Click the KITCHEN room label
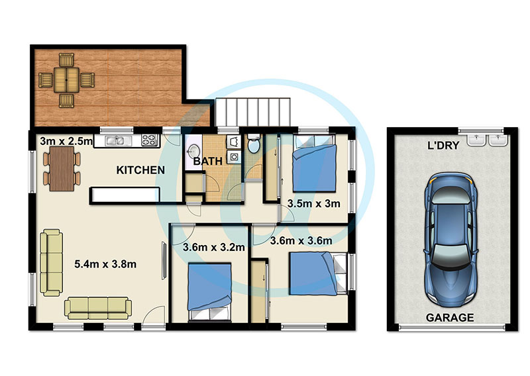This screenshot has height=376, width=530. pyautogui.click(x=140, y=170)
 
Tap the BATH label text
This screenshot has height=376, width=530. pyautogui.click(x=208, y=161)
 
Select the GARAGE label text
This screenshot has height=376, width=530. pyautogui.click(x=450, y=318)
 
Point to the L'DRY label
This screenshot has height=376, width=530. pyautogui.click(x=443, y=146)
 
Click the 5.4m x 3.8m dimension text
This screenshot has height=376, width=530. pyautogui.click(x=105, y=264)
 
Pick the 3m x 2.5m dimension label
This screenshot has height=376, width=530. pyautogui.click(x=66, y=141)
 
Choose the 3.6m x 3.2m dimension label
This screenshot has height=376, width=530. pyautogui.click(x=213, y=248)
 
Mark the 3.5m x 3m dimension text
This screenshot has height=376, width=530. pyautogui.click(x=313, y=203)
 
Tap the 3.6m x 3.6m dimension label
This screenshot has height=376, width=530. pyautogui.click(x=301, y=240)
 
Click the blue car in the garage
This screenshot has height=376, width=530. pyautogui.click(x=450, y=239)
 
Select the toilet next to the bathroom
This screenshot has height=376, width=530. pyautogui.click(x=253, y=143)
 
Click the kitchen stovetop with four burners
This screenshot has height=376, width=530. pyautogui.click(x=150, y=140)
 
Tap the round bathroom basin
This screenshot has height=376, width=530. pyautogui.click(x=193, y=151)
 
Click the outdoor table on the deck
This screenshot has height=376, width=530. pyautogui.click(x=66, y=80)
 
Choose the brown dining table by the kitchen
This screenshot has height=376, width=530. pyautogui.click(x=62, y=169)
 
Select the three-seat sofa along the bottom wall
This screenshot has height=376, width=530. pyautogui.click(x=97, y=308)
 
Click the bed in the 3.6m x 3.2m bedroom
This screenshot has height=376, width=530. pyautogui.click(x=210, y=291)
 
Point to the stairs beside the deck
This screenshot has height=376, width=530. pyautogui.click(x=253, y=113)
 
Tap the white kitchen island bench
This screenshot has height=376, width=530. pyautogui.click(x=125, y=195)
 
